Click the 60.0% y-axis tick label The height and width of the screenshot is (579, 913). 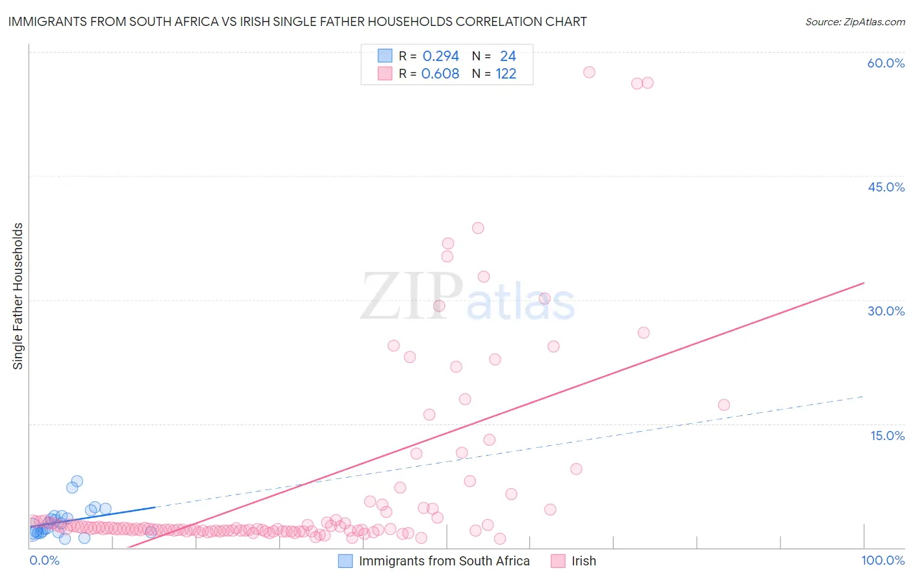pos(886,63)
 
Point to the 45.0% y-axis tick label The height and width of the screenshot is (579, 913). pos(886,187)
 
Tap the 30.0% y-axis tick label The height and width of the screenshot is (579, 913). pos(886,311)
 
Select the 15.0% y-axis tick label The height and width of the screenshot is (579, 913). pos(887,436)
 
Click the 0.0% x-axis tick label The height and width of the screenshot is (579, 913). pos(44,560)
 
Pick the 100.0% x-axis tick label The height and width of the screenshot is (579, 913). pos(882,560)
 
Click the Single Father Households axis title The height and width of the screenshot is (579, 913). pos(18,296)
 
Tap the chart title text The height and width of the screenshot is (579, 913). pos(297,21)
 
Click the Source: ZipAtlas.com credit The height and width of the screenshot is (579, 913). pos(855,21)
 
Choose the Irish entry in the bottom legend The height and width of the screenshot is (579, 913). pos(583,561)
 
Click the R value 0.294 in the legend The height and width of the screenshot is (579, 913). pos(440,56)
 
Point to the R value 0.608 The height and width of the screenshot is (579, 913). pos(440,74)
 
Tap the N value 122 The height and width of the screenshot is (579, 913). pos(506,74)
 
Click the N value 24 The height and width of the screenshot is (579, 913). pos(508,56)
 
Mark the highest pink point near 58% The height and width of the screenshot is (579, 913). pos(589,72)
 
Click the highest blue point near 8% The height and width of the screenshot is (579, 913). pos(77,481)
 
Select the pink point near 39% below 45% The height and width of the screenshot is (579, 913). pos(478,228)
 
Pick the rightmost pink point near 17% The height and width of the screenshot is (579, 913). pos(724,405)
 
